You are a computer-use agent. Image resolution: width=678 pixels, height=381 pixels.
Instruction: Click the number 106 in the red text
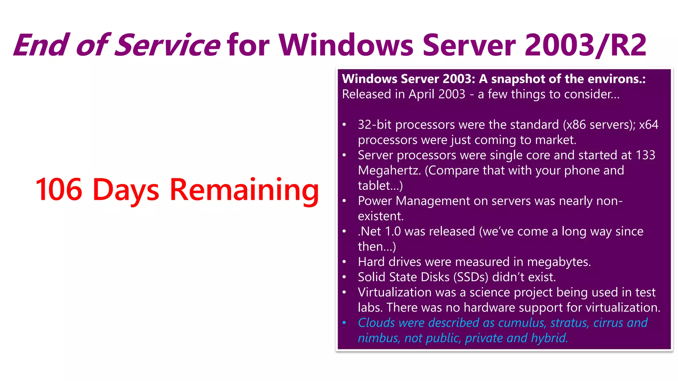[x=59, y=190]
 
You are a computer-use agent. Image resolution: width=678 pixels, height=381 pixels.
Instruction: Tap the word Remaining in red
[x=244, y=190]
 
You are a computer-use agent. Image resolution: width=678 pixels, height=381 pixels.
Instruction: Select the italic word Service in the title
[x=167, y=45]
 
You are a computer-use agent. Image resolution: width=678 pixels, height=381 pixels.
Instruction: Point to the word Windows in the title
[x=346, y=45]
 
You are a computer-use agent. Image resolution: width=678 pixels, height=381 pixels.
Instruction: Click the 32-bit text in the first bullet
[x=375, y=125]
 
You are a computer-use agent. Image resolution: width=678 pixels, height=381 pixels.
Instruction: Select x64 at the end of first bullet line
[x=648, y=125]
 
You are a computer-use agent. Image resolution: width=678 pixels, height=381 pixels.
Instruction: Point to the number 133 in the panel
[x=645, y=155]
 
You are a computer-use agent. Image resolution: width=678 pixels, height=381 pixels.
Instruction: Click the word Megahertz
[x=389, y=171]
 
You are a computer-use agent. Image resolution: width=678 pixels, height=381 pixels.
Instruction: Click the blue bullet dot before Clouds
[x=344, y=323]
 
